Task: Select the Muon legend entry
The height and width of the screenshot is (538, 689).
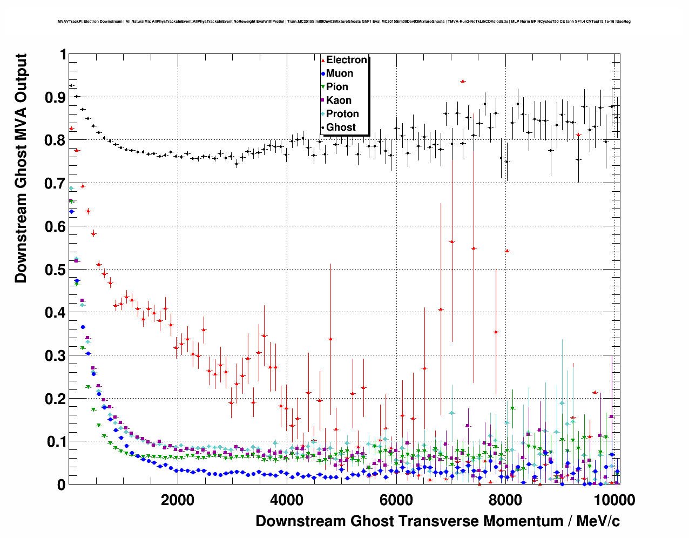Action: click(x=339, y=73)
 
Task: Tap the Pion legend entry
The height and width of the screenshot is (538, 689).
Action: click(x=337, y=87)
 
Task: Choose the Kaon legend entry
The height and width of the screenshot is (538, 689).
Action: click(x=339, y=100)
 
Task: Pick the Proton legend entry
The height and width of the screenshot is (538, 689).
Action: click(x=342, y=114)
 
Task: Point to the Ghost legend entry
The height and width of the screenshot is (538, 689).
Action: click(x=341, y=127)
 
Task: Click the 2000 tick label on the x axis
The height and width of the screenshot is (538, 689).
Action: click(x=178, y=500)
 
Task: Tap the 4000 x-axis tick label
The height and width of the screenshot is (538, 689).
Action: click(x=287, y=500)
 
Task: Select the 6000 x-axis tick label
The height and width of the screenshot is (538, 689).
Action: click(x=396, y=500)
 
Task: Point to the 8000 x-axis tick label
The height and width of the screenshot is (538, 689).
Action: click(x=505, y=500)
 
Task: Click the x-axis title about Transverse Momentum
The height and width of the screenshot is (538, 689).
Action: click(x=437, y=521)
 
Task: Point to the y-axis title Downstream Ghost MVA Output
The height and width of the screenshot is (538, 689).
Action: click(x=21, y=168)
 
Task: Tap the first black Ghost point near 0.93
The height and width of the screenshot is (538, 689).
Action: click(x=71, y=85)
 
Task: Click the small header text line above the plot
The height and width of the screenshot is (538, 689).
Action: click(x=344, y=22)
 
